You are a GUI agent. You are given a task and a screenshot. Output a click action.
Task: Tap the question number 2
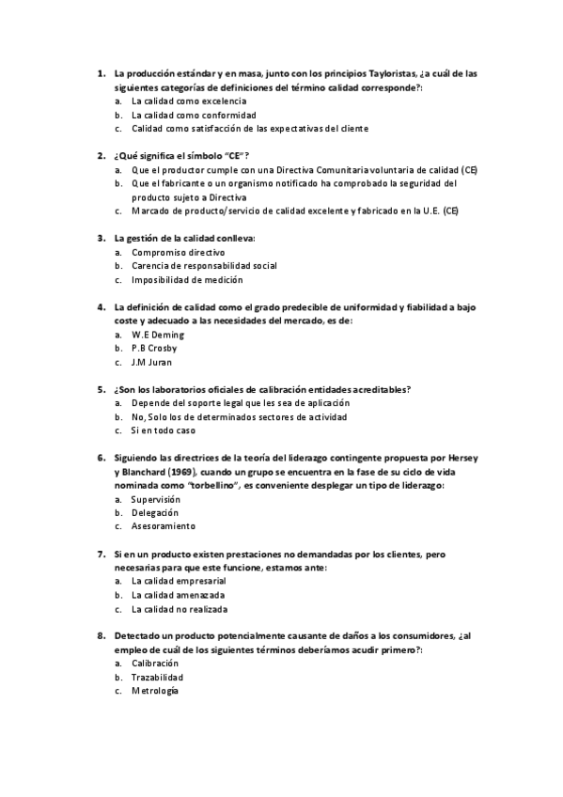coord(101,155)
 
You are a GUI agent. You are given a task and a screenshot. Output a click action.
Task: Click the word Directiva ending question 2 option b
coord(227,198)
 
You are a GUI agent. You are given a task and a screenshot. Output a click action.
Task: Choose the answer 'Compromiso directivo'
coord(178,253)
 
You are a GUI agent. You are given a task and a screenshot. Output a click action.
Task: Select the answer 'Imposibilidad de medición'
coord(187,279)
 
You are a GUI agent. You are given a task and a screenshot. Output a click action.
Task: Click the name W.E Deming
coord(158,335)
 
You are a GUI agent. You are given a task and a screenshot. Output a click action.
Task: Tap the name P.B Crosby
coord(154,348)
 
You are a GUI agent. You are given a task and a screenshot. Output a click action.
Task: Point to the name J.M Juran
coord(152,362)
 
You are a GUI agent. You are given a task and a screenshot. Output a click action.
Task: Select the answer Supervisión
coord(155,499)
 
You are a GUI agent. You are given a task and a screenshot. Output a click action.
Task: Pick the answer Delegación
coord(154,513)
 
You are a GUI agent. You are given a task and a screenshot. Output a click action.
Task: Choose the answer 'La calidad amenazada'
coord(179,595)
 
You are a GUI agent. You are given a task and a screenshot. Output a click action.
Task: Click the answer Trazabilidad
coord(157,677)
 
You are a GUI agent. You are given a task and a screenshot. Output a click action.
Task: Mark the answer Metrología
coord(154,691)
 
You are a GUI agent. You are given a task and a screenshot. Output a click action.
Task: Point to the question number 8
coord(101,636)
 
